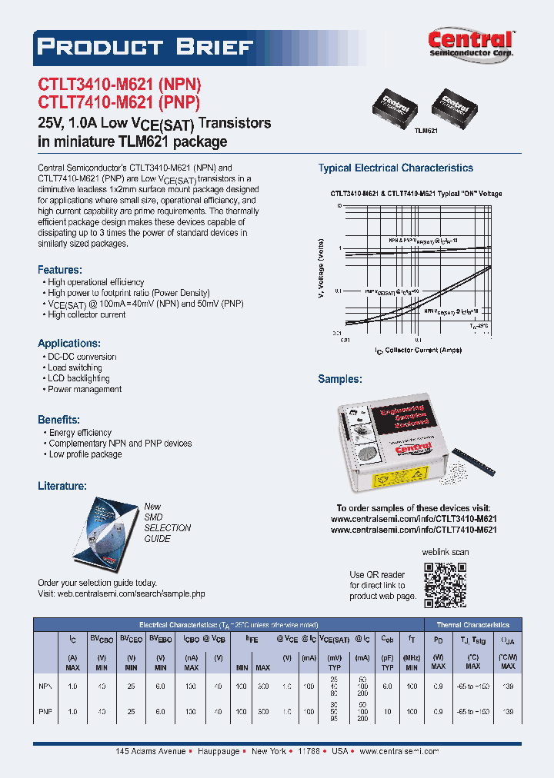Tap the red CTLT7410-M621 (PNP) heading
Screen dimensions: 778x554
pyautogui.click(x=119, y=103)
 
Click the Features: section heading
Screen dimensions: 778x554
pyautogui.click(x=60, y=270)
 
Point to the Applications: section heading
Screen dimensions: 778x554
pyautogui.click(x=69, y=343)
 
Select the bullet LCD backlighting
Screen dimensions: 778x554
pyautogui.click(x=78, y=378)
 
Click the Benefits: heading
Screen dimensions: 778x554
pyautogui.click(x=59, y=420)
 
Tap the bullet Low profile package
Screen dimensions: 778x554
pyautogui.click(x=85, y=454)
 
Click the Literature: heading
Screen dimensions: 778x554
pyautogui.click(x=62, y=486)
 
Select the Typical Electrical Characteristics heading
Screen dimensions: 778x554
pyautogui.click(x=395, y=168)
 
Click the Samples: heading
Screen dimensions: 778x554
pyautogui.click(x=340, y=379)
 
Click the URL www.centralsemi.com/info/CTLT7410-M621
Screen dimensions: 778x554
pyautogui.click(x=413, y=530)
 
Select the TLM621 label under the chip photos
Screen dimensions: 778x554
pyautogui.click(x=426, y=131)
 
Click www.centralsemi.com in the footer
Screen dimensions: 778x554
pyautogui.click(x=399, y=751)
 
